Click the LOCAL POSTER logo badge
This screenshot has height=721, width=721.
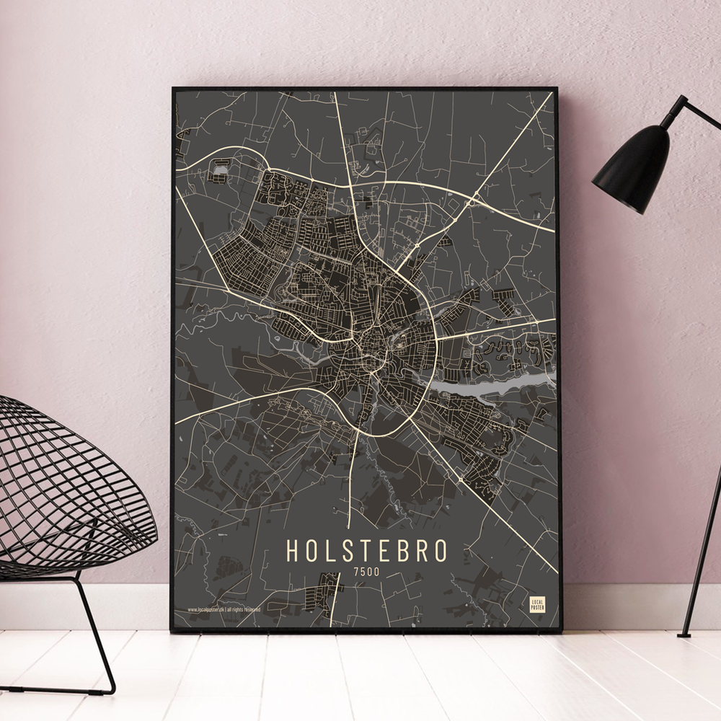(x=537, y=604)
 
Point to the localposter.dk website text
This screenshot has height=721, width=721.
(x=224, y=609)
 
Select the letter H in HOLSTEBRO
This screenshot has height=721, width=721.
(x=293, y=549)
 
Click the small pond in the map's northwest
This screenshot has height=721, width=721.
(x=219, y=171)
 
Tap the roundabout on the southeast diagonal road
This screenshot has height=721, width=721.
(x=461, y=479)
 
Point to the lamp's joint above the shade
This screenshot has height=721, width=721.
(x=678, y=108)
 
